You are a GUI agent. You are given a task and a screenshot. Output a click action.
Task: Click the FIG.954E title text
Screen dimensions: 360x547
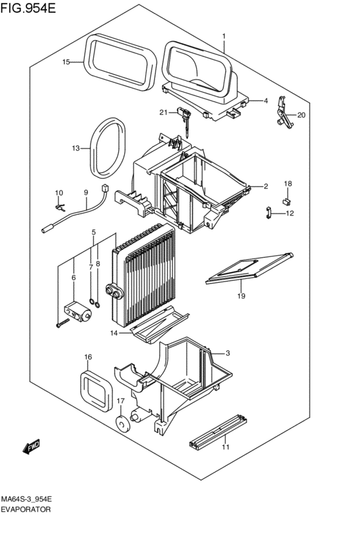pyautogui.click(x=28, y=8)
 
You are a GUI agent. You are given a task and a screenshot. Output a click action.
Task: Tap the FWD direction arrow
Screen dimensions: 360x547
pyautogui.click(x=32, y=447)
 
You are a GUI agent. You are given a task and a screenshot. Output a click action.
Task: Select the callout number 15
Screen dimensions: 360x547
pyautogui.click(x=66, y=62)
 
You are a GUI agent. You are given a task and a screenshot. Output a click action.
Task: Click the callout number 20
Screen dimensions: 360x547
pyautogui.click(x=301, y=115)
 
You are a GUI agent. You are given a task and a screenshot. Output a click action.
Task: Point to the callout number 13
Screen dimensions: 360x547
pyautogui.click(x=76, y=148)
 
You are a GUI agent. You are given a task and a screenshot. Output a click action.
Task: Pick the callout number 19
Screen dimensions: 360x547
pyautogui.click(x=241, y=296)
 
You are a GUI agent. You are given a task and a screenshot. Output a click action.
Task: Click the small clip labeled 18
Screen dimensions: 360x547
pyautogui.click(x=287, y=201)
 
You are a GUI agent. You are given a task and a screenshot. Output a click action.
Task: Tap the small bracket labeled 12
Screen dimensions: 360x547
pyautogui.click(x=269, y=212)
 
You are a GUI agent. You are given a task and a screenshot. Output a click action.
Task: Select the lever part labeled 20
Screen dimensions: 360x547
pyautogui.click(x=283, y=112)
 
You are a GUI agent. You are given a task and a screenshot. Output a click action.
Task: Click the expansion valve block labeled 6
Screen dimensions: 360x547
pyautogui.click(x=78, y=312)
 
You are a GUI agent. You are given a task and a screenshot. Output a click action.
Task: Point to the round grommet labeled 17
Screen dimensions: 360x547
pyautogui.click(x=122, y=424)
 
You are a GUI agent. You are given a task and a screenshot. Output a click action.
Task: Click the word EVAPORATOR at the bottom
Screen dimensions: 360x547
pyautogui.click(x=26, y=509)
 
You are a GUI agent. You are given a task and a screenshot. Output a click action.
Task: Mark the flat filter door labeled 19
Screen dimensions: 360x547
pyautogui.click(x=249, y=268)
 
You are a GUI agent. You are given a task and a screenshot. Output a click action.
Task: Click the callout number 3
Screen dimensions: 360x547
pyautogui.click(x=228, y=354)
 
